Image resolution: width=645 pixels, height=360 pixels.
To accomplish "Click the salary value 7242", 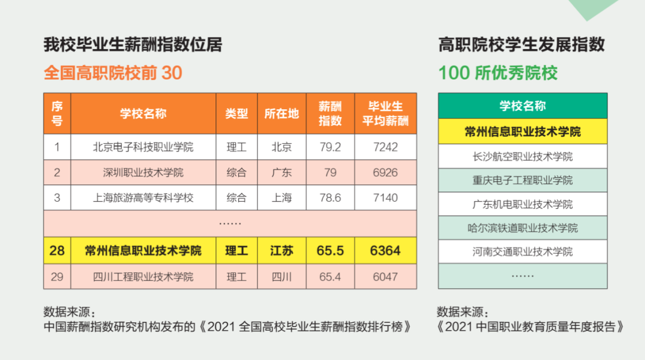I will pyautogui.click(x=385, y=147).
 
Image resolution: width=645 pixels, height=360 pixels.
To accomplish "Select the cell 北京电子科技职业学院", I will pyautogui.click(x=143, y=147).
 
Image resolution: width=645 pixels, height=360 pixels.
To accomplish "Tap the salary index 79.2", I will pyautogui.click(x=330, y=147).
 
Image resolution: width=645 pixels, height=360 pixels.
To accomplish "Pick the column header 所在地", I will pyautogui.click(x=281, y=113).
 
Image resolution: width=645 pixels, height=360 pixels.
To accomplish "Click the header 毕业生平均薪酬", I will pyautogui.click(x=385, y=113).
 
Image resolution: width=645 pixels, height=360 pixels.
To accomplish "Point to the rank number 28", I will pyautogui.click(x=57, y=251).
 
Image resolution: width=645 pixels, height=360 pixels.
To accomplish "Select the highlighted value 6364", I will pyautogui.click(x=385, y=251).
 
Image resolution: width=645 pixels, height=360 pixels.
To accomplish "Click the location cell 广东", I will pyautogui.click(x=281, y=173).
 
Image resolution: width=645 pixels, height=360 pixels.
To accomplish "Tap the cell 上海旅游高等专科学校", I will pyautogui.click(x=143, y=198).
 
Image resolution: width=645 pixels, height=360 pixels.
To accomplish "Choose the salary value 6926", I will pyautogui.click(x=385, y=173).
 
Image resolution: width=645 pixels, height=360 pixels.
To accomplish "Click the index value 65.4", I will pyautogui.click(x=330, y=277).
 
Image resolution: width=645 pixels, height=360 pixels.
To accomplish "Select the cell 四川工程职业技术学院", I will pyautogui.click(x=143, y=277).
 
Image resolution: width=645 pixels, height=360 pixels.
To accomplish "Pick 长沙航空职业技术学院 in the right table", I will pyautogui.click(x=523, y=156).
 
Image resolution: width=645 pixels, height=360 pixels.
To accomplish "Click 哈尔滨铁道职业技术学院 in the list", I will pyautogui.click(x=523, y=228).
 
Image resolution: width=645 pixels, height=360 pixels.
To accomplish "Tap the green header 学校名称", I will pyautogui.click(x=523, y=106).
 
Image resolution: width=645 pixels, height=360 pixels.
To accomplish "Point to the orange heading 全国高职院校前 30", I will pyautogui.click(x=113, y=73).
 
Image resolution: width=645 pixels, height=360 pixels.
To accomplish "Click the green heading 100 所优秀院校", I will pyautogui.click(x=498, y=73).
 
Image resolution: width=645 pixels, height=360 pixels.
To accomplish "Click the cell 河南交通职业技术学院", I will pyautogui.click(x=523, y=252).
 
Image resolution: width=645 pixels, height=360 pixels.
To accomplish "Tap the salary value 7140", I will pyautogui.click(x=385, y=198).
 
